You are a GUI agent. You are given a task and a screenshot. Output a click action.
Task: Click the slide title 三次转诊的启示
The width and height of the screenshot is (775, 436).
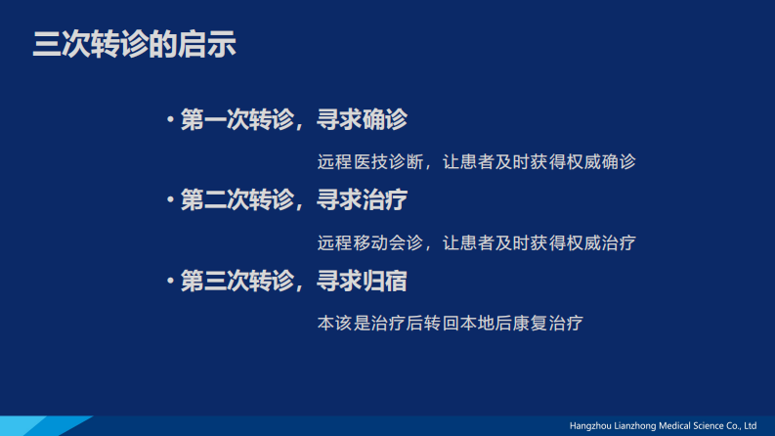(135, 45)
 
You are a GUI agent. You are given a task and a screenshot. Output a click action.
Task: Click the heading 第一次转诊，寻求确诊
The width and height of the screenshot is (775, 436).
(294, 120)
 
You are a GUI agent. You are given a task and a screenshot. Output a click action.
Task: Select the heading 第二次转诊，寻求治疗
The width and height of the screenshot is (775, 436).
(294, 200)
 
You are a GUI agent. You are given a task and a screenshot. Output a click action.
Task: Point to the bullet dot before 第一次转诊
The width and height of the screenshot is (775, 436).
(170, 121)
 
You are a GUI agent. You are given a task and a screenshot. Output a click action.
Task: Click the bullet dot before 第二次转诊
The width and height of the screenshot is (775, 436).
(170, 201)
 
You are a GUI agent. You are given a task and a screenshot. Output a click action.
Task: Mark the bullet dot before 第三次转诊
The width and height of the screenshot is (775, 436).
(170, 283)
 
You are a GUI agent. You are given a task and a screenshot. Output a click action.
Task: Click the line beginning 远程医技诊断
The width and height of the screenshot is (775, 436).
(477, 161)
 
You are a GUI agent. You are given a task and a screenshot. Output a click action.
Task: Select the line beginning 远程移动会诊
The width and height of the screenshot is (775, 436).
(477, 241)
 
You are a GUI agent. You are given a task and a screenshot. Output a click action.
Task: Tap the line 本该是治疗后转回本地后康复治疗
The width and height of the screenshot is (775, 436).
(451, 322)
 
